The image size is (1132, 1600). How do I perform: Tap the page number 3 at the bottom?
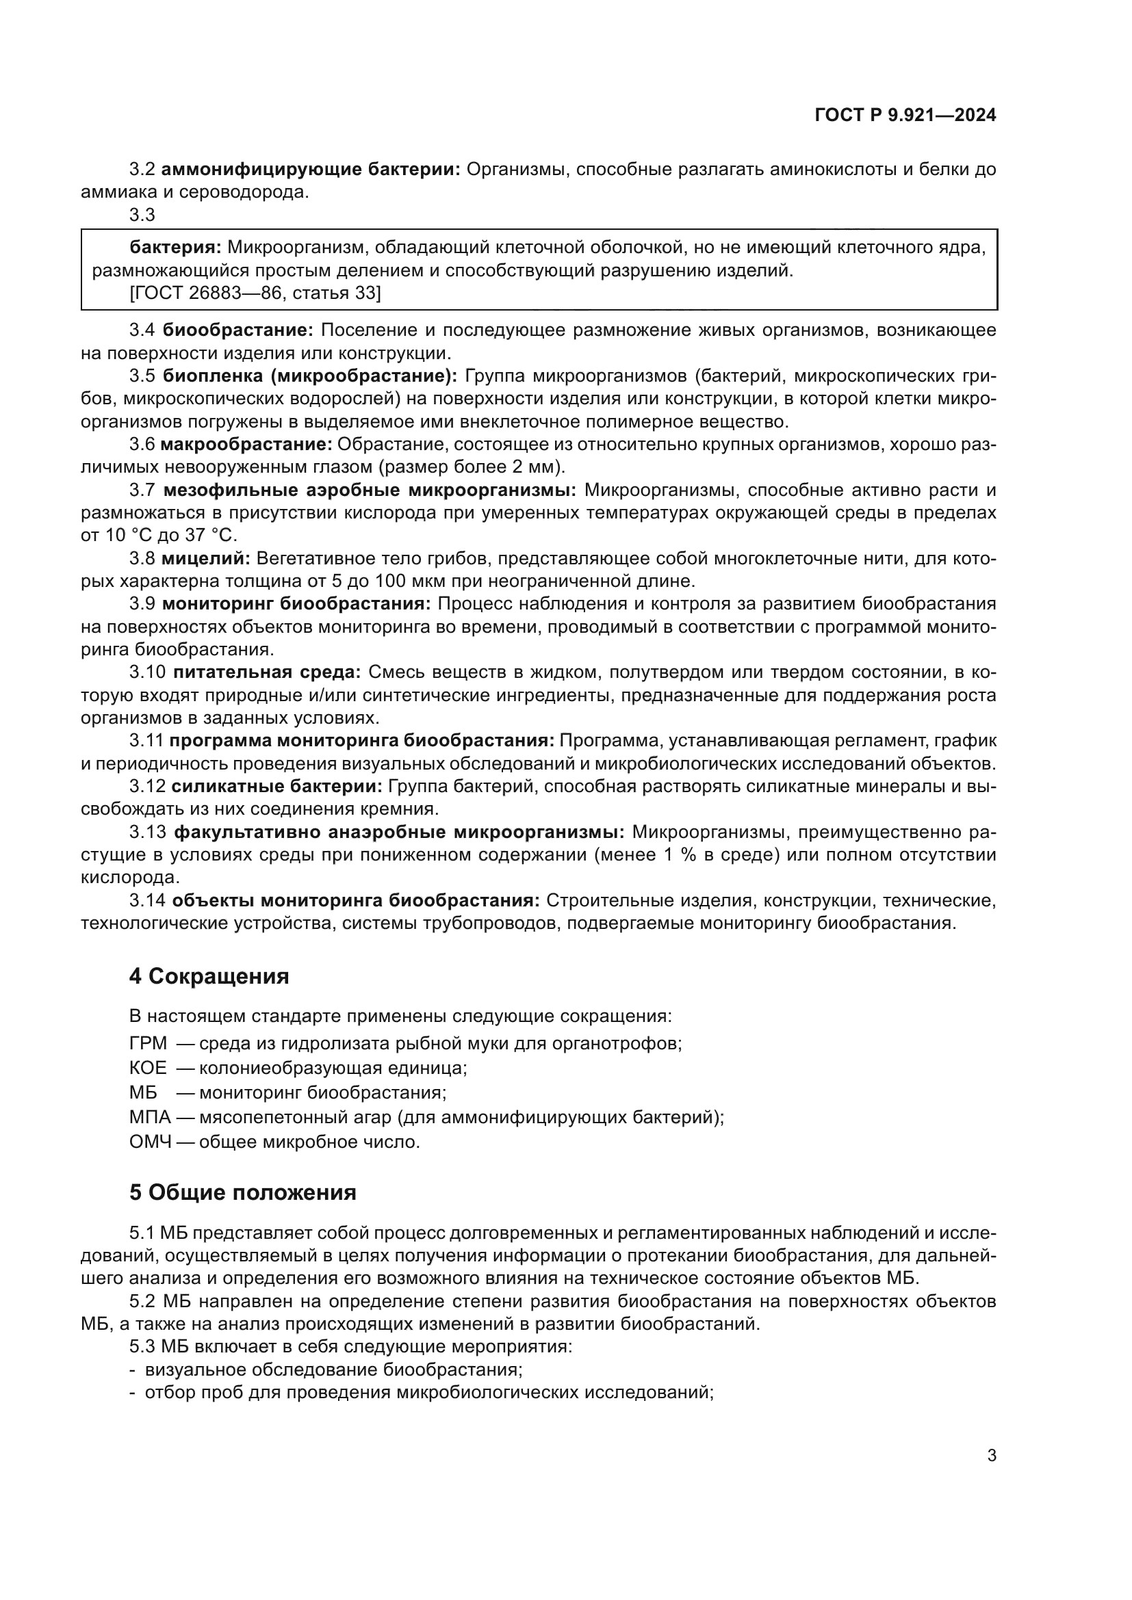pyautogui.click(x=991, y=1455)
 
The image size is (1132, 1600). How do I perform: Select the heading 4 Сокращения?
pyautogui.click(x=209, y=976)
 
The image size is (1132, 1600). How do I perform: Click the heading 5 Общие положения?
pyautogui.click(x=242, y=1192)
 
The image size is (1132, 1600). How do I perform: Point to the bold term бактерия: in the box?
pyautogui.click(x=176, y=248)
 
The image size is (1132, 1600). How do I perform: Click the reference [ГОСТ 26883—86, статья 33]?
pyautogui.click(x=255, y=293)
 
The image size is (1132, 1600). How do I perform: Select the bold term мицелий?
pyautogui.click(x=205, y=558)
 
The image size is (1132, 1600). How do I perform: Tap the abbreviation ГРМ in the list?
pyautogui.click(x=148, y=1043)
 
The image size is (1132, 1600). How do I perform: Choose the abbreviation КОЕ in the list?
pyautogui.click(x=148, y=1068)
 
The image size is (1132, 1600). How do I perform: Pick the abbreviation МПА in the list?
pyautogui.click(x=150, y=1117)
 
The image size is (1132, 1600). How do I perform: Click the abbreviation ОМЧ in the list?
pyautogui.click(x=150, y=1142)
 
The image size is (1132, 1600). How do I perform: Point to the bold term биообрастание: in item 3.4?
pyautogui.click(x=238, y=330)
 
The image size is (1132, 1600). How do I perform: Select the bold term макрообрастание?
pyautogui.click(x=247, y=444)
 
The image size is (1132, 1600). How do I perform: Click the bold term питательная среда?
pyautogui.click(x=266, y=672)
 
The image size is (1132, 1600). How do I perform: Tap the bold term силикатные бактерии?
pyautogui.click(x=276, y=786)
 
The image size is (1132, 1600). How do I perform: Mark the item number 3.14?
pyautogui.click(x=147, y=900)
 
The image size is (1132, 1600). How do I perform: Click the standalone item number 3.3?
pyautogui.click(x=142, y=215)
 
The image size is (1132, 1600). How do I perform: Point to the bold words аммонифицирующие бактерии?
pyautogui.click(x=311, y=170)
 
